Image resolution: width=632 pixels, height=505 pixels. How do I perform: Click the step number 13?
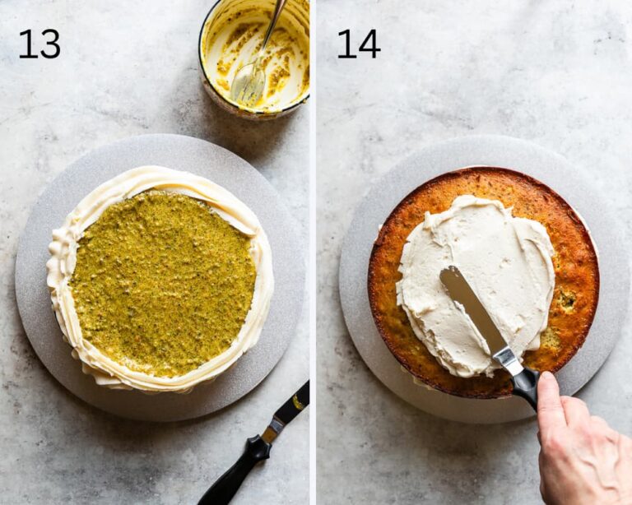(x=39, y=44)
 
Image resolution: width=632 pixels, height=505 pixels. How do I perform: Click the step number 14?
(x=358, y=44)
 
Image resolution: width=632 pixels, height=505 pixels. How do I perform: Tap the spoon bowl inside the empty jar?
(x=248, y=83)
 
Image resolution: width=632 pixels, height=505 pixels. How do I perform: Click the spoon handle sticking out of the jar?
(x=275, y=28)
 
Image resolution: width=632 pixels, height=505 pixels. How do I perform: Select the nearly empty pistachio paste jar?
(x=255, y=58)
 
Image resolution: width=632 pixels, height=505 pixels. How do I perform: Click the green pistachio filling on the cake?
(x=163, y=284)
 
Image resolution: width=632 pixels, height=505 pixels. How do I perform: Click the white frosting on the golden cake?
(x=476, y=282)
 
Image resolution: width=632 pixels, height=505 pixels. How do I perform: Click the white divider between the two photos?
(x=313, y=252)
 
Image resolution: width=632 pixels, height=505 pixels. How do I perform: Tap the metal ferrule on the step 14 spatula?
(x=507, y=359)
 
